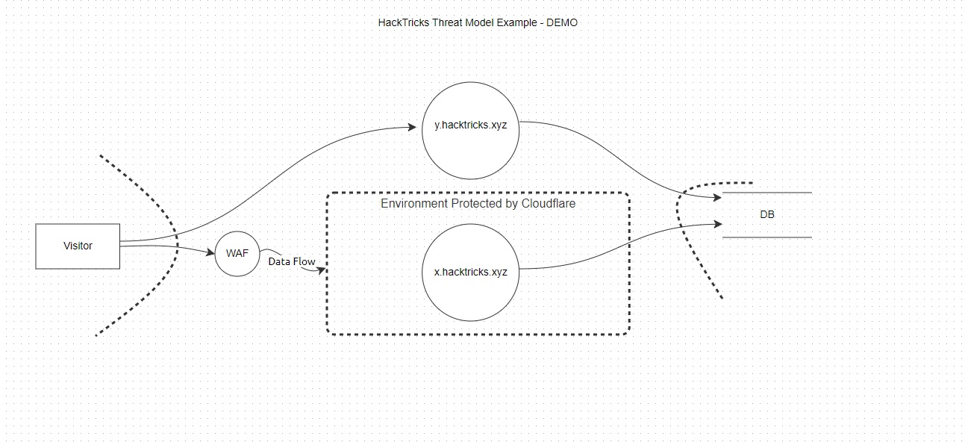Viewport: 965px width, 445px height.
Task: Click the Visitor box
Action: pyautogui.click(x=78, y=246)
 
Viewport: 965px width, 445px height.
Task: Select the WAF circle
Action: pyautogui.click(x=237, y=253)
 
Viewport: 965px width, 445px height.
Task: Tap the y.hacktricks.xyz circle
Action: pyautogui.click(x=470, y=131)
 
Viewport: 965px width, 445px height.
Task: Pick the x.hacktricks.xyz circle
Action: pyautogui.click(x=470, y=271)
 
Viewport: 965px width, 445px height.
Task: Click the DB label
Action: pyautogui.click(x=767, y=215)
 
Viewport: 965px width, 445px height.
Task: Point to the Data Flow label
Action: pyautogui.click(x=292, y=262)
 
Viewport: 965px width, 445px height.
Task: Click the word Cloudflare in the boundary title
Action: pyautogui.click(x=549, y=203)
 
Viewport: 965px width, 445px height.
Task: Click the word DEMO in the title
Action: pyautogui.click(x=562, y=22)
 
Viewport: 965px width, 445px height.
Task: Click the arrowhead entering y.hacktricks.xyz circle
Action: pyautogui.click(x=412, y=128)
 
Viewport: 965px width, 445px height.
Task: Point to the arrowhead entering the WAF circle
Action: pyautogui.click(x=211, y=252)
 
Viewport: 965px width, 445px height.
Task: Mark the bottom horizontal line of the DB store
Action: pyautogui.click(x=767, y=237)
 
